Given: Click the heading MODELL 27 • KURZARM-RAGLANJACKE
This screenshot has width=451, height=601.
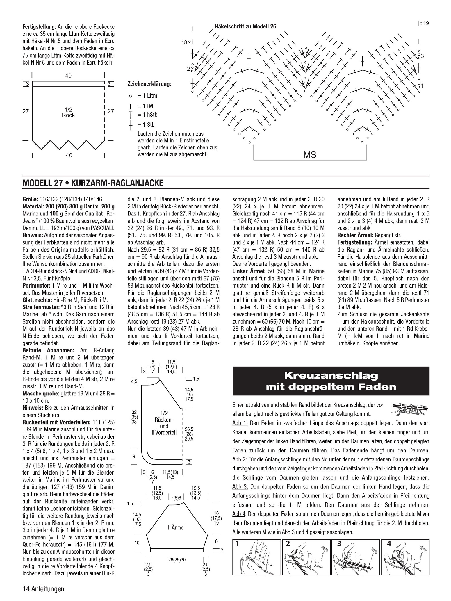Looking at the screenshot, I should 93,183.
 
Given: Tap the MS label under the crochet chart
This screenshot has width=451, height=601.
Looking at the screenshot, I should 310,155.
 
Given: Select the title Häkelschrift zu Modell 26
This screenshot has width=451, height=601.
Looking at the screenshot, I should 245,26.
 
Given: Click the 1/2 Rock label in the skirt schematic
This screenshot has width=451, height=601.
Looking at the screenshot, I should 68,112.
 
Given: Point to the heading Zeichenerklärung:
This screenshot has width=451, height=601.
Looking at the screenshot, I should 149,84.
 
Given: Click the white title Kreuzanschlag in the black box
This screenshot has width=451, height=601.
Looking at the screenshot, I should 331,375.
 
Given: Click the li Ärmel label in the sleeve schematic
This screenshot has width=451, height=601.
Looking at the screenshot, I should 176,527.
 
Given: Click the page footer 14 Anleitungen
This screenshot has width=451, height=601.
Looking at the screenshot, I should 43,589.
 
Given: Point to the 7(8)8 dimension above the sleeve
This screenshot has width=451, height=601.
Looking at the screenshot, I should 176,497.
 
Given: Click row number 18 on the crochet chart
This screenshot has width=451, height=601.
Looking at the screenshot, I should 184,42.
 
